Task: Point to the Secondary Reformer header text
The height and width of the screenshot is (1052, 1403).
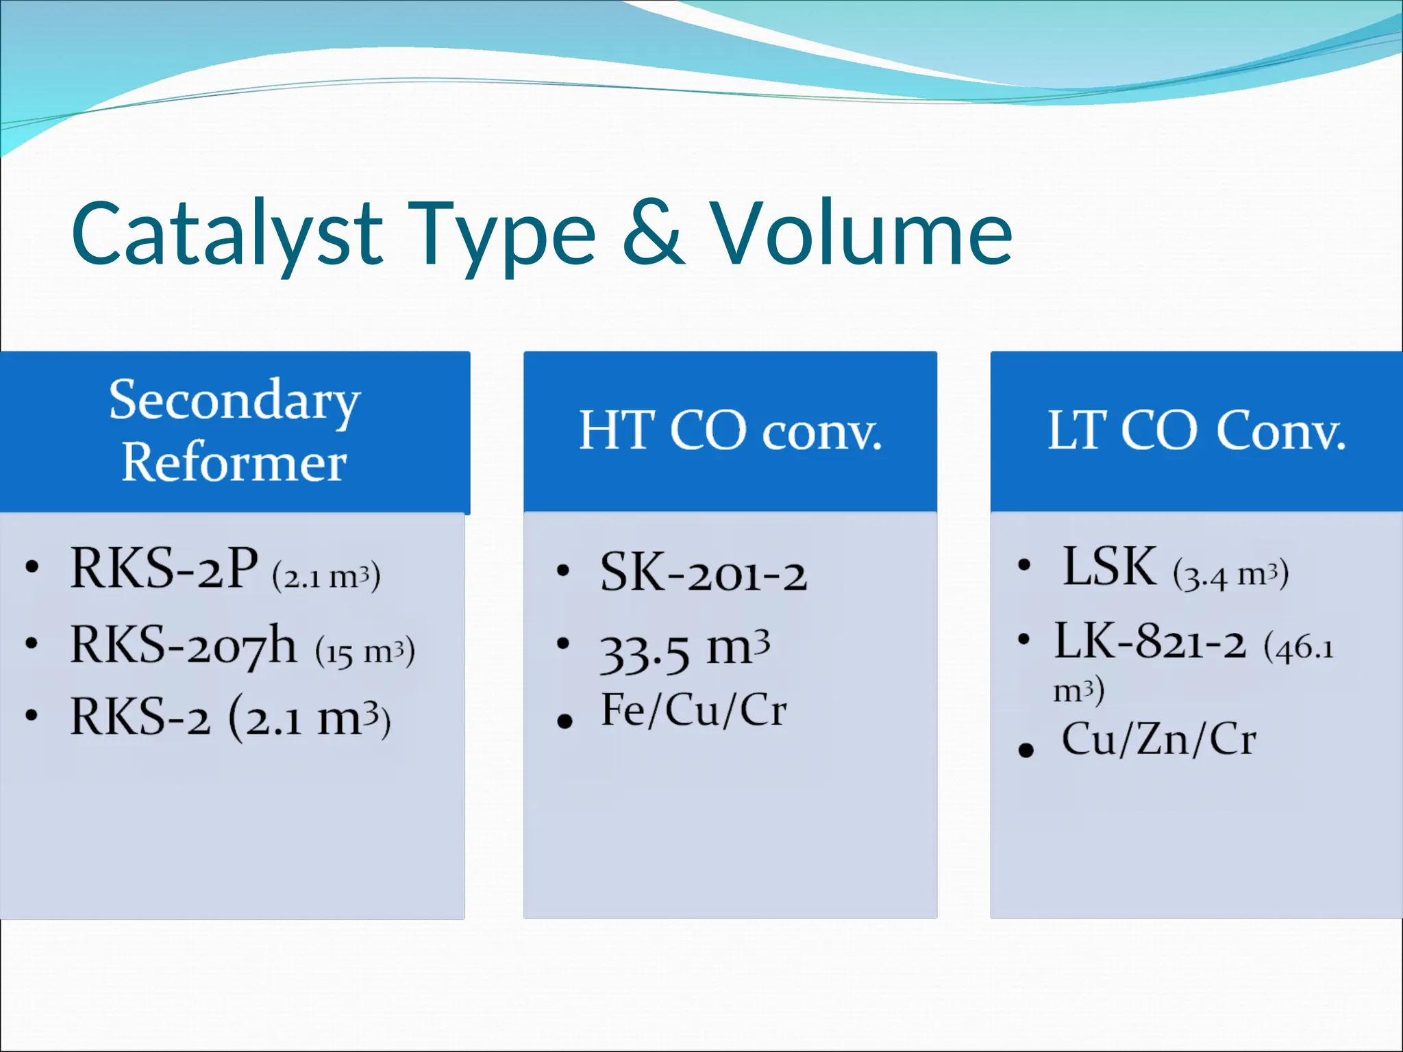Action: pyautogui.click(x=234, y=431)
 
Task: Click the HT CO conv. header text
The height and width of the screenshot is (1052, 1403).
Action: pyautogui.click(x=730, y=431)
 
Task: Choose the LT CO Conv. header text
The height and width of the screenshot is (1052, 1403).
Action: pyautogui.click(x=1197, y=431)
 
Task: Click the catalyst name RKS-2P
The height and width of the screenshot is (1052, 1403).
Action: pyautogui.click(x=164, y=568)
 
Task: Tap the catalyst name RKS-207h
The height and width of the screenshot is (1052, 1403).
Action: pyautogui.click(x=184, y=645)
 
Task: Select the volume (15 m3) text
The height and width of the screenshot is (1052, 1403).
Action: pyautogui.click(x=365, y=651)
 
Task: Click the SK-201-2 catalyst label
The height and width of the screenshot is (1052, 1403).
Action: pyautogui.click(x=704, y=572)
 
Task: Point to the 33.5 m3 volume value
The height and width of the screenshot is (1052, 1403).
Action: pyautogui.click(x=685, y=650)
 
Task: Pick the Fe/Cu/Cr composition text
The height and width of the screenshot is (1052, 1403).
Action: pyautogui.click(x=694, y=710)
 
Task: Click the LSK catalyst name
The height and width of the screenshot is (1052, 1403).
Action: pyautogui.click(x=1110, y=566)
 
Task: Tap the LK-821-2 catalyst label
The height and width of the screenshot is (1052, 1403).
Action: pyautogui.click(x=1150, y=642)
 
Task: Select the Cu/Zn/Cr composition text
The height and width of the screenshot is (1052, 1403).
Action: pyautogui.click(x=1159, y=740)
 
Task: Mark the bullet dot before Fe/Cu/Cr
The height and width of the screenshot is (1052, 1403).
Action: pyautogui.click(x=565, y=721)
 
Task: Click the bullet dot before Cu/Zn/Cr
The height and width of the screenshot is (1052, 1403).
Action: pyautogui.click(x=1026, y=749)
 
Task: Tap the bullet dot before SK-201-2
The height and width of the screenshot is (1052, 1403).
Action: pyautogui.click(x=563, y=571)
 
